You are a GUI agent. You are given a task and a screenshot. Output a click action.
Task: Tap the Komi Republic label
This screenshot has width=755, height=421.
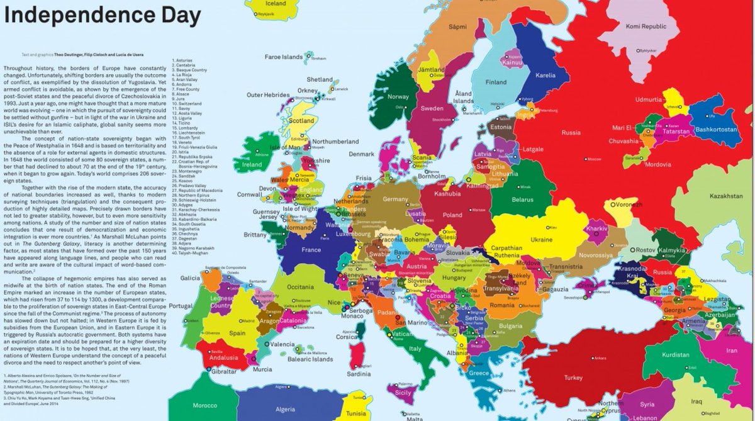(x=645, y=26)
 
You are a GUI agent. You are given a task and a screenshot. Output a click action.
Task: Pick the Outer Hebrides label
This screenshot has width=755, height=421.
(x=262, y=95)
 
